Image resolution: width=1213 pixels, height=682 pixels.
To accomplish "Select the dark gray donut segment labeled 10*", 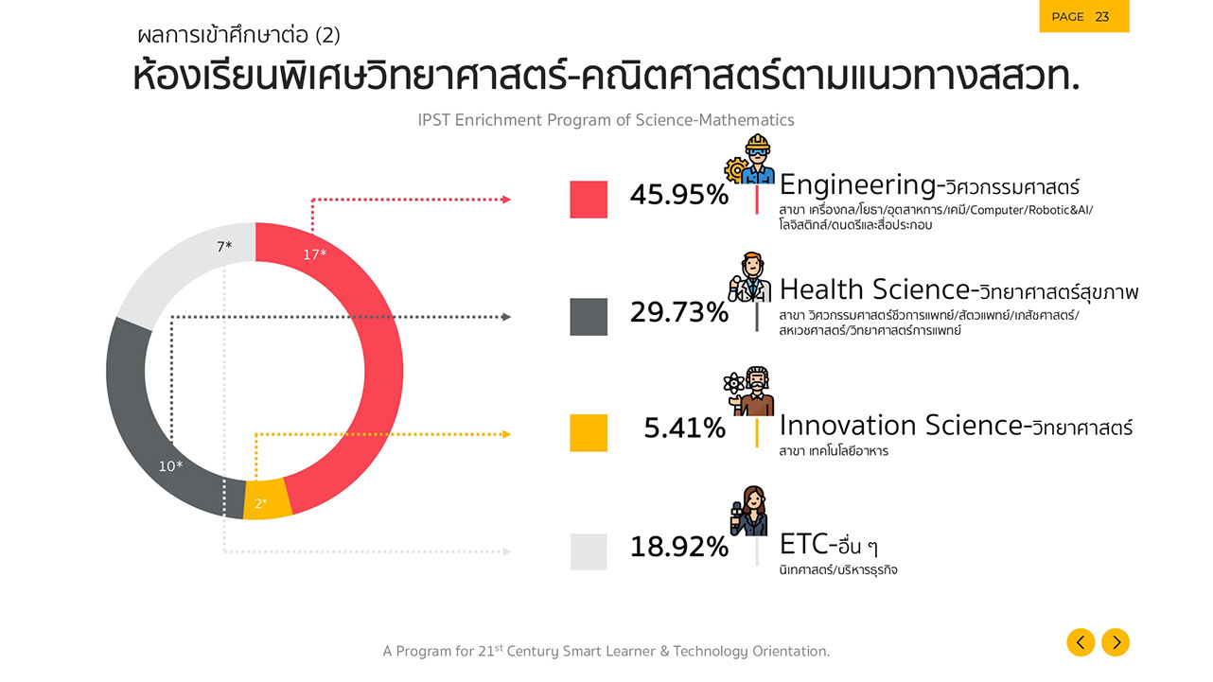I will click(142, 416).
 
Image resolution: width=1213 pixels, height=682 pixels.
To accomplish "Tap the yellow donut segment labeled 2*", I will click(266, 500).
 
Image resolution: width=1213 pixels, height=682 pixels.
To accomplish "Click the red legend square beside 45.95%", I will click(589, 199).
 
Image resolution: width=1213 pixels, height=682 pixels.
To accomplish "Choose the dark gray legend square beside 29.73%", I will click(589, 316).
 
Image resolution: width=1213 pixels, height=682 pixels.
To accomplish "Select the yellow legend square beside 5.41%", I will click(589, 432).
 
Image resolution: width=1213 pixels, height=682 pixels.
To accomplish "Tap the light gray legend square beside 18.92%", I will click(589, 551).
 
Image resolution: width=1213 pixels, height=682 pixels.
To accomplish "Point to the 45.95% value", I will click(678, 195).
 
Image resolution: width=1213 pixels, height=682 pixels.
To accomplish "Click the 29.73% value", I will click(678, 312).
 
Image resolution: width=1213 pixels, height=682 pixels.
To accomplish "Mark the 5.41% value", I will click(684, 428).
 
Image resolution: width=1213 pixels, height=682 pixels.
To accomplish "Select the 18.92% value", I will click(678, 547).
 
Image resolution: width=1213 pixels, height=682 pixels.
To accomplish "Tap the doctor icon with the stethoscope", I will click(749, 278).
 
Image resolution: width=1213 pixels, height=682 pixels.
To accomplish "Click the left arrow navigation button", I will click(1081, 642).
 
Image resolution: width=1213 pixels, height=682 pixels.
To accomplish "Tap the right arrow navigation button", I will click(1116, 642).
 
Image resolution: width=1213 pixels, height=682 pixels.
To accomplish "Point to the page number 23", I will click(1102, 17).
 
